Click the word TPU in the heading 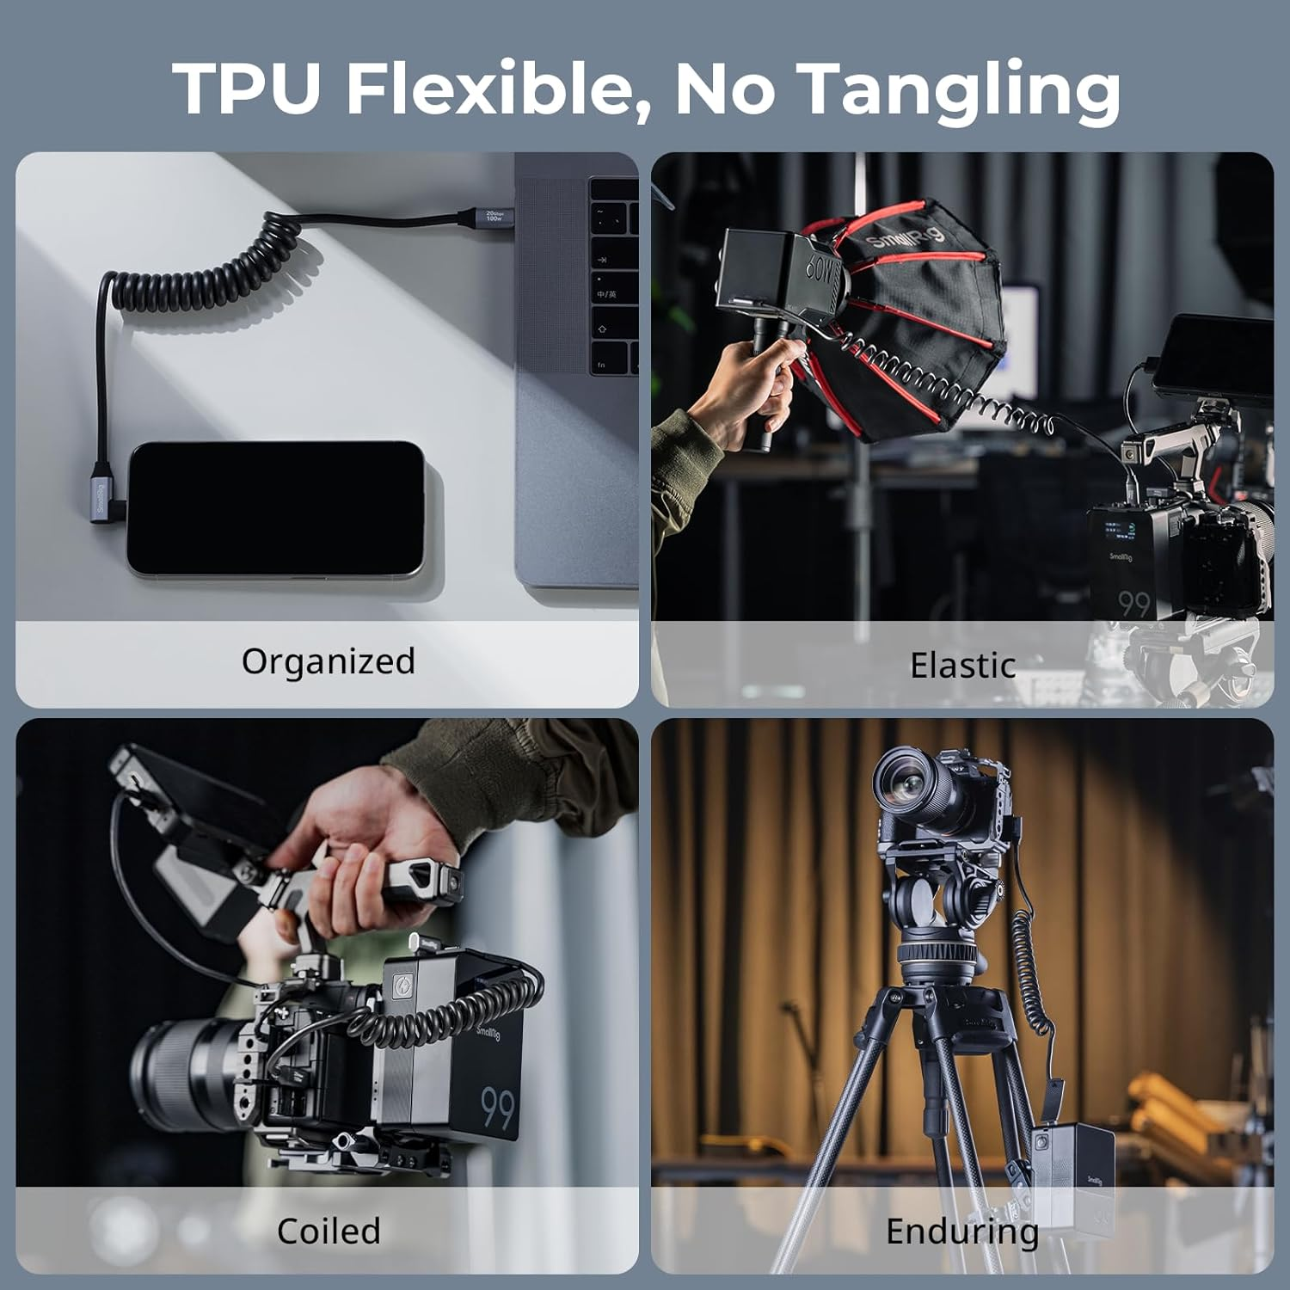[x=248, y=89]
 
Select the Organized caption [x=328, y=661]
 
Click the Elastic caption [x=962, y=666]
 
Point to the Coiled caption [x=328, y=1231]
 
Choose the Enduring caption [x=961, y=1231]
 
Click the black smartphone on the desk [x=275, y=508]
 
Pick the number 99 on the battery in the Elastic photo [x=1133, y=605]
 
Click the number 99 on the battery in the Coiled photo [x=497, y=1108]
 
